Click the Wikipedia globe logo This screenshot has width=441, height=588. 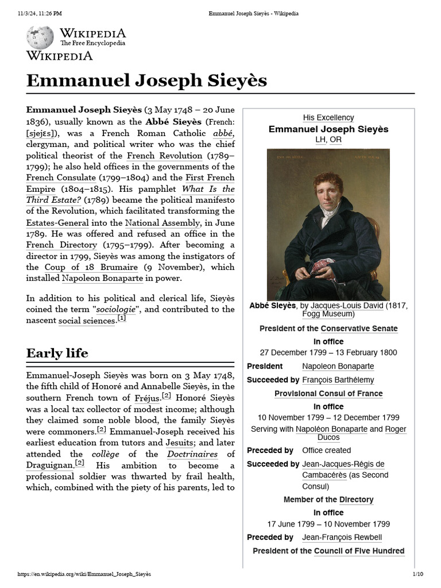40,37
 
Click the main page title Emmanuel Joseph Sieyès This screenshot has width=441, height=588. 146,80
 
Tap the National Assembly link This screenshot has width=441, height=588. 154,222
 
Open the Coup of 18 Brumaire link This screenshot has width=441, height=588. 91,267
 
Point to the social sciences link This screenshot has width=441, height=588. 87,320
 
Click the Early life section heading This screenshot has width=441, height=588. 57,353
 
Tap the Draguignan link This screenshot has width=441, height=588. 49,465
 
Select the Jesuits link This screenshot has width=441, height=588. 179,442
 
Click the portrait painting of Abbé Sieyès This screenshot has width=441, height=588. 328,224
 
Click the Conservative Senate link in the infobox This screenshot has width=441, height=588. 359,328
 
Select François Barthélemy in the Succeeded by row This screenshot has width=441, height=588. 338,380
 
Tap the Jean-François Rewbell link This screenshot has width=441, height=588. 342,537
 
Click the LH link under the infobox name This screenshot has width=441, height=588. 320,140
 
